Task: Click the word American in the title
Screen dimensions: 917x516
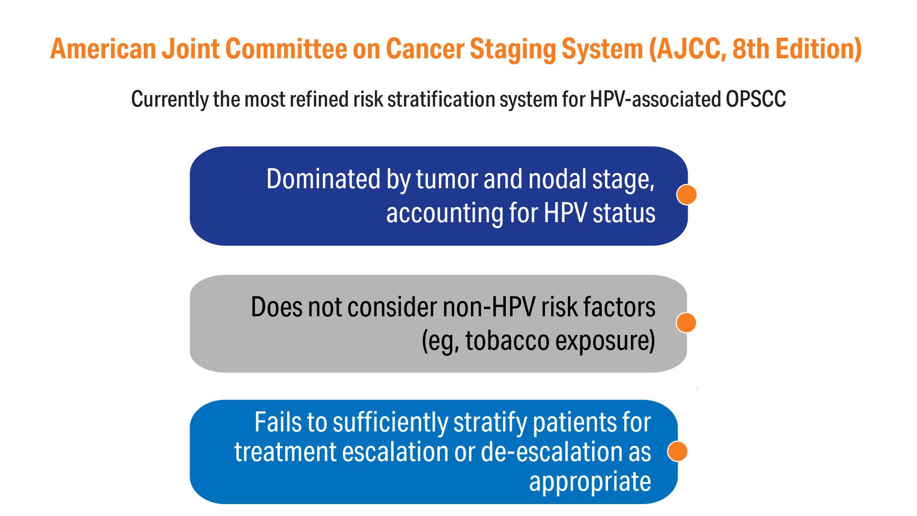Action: [103, 49]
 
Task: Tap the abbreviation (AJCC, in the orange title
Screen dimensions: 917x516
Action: [688, 50]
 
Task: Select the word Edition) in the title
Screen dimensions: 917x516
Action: [819, 49]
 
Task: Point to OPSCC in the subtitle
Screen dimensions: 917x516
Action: [756, 99]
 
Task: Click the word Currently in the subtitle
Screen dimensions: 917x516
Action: [170, 100]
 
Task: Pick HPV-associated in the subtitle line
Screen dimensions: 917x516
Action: [655, 99]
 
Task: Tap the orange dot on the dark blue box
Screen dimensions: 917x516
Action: [687, 194]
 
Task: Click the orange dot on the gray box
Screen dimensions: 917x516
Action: [686, 322]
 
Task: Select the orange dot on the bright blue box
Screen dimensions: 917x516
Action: [677, 451]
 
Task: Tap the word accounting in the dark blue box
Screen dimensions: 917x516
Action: [444, 214]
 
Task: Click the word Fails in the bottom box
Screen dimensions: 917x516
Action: [278, 422]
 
